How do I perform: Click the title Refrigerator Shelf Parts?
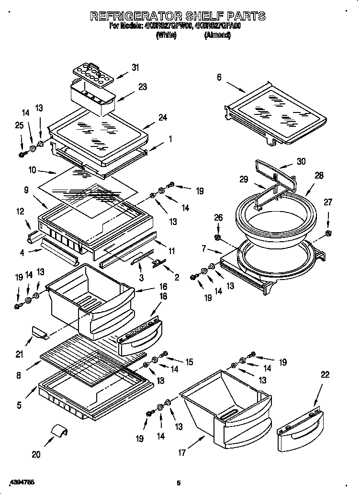tap(178, 16)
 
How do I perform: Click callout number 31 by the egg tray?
tap(135, 67)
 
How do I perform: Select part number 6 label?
tap(219, 77)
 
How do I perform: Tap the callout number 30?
tap(301, 161)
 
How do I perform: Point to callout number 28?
tap(319, 176)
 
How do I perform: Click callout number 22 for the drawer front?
tap(325, 375)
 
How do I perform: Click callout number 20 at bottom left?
tap(36, 454)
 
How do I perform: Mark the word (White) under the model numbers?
tap(167, 36)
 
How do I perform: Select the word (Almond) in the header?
tap(217, 36)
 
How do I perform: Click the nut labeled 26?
tap(218, 237)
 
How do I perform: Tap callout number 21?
tap(20, 354)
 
